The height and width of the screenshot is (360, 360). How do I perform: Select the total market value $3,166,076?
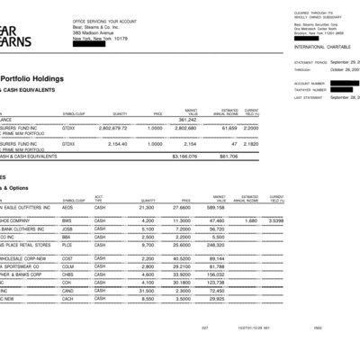click(x=184, y=155)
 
